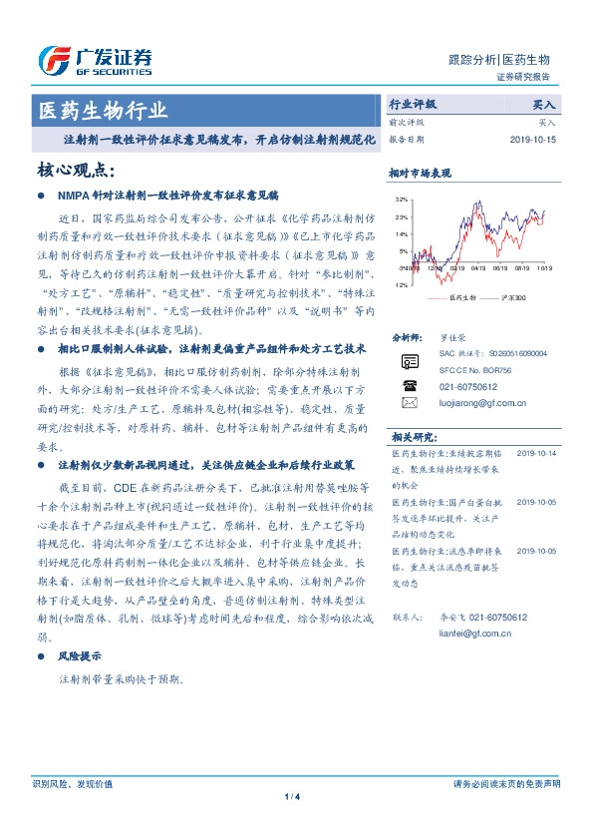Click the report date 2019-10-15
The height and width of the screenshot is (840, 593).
click(x=532, y=140)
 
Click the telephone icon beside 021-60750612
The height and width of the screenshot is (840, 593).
click(x=409, y=384)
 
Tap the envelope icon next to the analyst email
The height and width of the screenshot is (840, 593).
click(x=409, y=403)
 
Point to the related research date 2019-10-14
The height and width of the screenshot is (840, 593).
click(x=538, y=453)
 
